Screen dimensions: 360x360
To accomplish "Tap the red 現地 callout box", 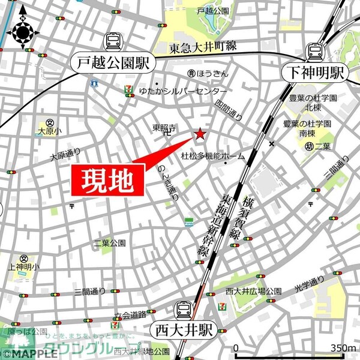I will pos(108,179).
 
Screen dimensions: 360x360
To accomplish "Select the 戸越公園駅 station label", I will pos(113,62).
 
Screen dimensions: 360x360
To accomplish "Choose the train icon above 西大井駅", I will pos(184,310).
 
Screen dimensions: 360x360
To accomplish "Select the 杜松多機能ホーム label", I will pos(213,156).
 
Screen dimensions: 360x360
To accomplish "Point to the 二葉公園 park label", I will pos(110,243).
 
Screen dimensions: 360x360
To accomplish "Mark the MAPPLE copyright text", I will pos(26,353).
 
